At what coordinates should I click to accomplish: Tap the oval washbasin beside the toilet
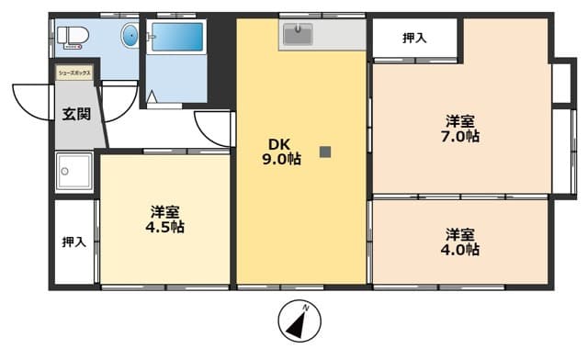pyautogui.click(x=130, y=37)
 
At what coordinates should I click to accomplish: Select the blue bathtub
pyautogui.click(x=175, y=38)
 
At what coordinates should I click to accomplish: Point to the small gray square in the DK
pyautogui.click(x=324, y=152)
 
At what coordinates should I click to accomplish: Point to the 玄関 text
pyautogui.click(x=76, y=115)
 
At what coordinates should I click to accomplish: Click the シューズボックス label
pyautogui.click(x=74, y=70)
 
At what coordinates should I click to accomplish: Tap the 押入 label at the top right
pyautogui.click(x=414, y=38)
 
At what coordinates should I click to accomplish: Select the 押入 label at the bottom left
pyautogui.click(x=73, y=242)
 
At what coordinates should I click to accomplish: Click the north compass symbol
pyautogui.click(x=302, y=324)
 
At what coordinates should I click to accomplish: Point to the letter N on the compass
pyautogui.click(x=311, y=308)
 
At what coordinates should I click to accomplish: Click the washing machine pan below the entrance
pyautogui.click(x=73, y=170)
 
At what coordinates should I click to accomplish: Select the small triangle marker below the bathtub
pyautogui.click(x=152, y=96)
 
